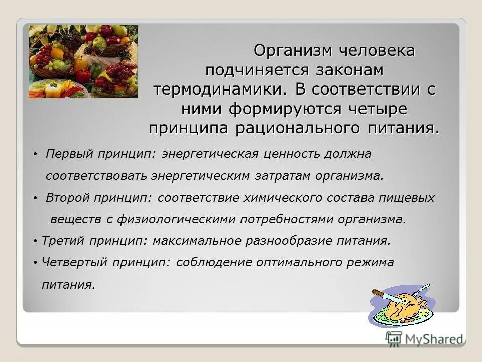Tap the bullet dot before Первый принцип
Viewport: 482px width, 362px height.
click(x=36, y=155)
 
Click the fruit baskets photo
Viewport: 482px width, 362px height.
click(x=83, y=61)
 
